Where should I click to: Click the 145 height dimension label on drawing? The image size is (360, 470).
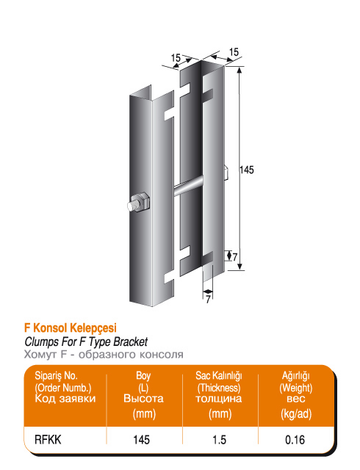[x=247, y=170]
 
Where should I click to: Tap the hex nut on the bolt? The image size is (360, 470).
[x=141, y=203]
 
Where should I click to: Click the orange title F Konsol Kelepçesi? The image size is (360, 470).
[x=71, y=328]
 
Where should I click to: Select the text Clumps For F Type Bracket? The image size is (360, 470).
[x=86, y=341]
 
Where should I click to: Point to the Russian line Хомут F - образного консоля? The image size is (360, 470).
[x=104, y=355]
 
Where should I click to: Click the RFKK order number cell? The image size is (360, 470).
[x=48, y=440]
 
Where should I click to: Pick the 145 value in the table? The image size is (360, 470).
[x=142, y=440]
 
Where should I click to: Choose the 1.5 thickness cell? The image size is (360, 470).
[x=219, y=440]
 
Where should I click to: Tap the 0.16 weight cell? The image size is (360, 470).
[x=295, y=440]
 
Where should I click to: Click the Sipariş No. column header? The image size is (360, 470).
[x=65, y=387]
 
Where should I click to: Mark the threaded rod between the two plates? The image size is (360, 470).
[x=188, y=187]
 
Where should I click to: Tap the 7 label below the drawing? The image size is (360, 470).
[x=208, y=299]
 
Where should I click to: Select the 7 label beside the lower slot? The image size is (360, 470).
[x=235, y=256]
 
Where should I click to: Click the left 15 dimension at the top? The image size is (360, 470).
[x=176, y=57]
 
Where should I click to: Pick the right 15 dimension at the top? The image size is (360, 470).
[x=234, y=52]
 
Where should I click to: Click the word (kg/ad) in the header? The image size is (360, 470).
[x=296, y=414]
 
